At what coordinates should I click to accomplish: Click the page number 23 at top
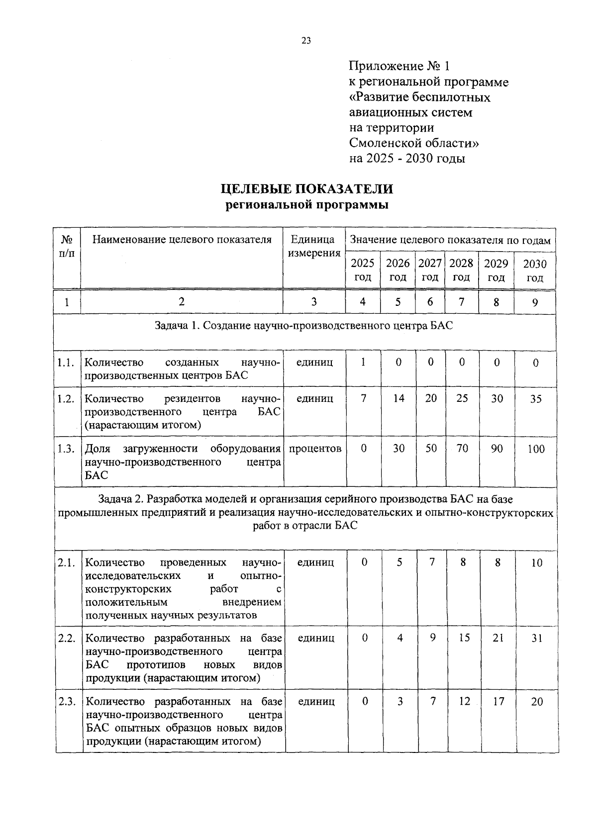pyautogui.click(x=305, y=41)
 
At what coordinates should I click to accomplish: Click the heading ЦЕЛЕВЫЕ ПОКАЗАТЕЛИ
pyautogui.click(x=307, y=189)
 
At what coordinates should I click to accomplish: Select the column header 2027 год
pyautogui.click(x=430, y=270)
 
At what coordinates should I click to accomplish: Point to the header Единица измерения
pyautogui.click(x=313, y=246)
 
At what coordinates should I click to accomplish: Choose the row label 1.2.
pyautogui.click(x=66, y=399)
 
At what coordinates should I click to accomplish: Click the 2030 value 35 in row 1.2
pyautogui.click(x=535, y=399)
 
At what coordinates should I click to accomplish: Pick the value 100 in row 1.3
pyautogui.click(x=536, y=449)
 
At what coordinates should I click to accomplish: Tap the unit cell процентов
pyautogui.click(x=315, y=449)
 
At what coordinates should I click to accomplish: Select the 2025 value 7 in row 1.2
pyautogui.click(x=364, y=399)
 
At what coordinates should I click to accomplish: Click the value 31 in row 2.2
pyautogui.click(x=536, y=638)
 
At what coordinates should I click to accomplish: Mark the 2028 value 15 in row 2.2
pyautogui.click(x=464, y=638)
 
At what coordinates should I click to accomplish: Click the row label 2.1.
pyautogui.click(x=66, y=563)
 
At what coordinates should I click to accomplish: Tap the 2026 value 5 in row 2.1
pyautogui.click(x=399, y=562)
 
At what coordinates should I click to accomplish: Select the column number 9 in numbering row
pyautogui.click(x=535, y=302)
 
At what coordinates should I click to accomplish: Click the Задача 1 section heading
pyautogui.click(x=303, y=326)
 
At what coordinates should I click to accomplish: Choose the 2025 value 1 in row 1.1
pyautogui.click(x=363, y=363)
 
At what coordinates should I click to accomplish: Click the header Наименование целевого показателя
pyautogui.click(x=182, y=240)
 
